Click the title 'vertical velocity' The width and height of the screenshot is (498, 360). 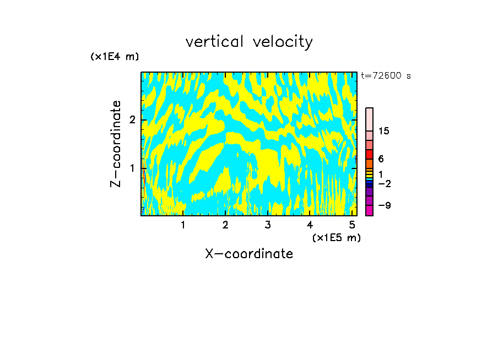249,42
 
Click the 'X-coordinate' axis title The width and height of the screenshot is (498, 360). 249,254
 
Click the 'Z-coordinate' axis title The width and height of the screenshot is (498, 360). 116,144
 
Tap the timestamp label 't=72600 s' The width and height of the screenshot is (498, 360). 386,76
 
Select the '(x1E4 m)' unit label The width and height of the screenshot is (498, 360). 115,57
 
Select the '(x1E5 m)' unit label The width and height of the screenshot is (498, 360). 336,237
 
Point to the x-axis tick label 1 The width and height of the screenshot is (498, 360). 183,225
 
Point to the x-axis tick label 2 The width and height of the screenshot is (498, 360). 225,225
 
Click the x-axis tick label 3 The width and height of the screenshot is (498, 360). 268,225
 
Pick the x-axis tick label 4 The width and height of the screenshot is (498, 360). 310,225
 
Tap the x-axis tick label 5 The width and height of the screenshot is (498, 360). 352,225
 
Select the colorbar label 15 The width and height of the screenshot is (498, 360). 383,131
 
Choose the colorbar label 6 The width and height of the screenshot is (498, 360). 380,159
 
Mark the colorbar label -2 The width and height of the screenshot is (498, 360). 384,183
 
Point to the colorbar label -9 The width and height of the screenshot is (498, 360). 384,206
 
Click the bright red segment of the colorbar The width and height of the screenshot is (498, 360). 369,154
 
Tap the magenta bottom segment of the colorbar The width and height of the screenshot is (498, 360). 369,210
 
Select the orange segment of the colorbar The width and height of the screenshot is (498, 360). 369,163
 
